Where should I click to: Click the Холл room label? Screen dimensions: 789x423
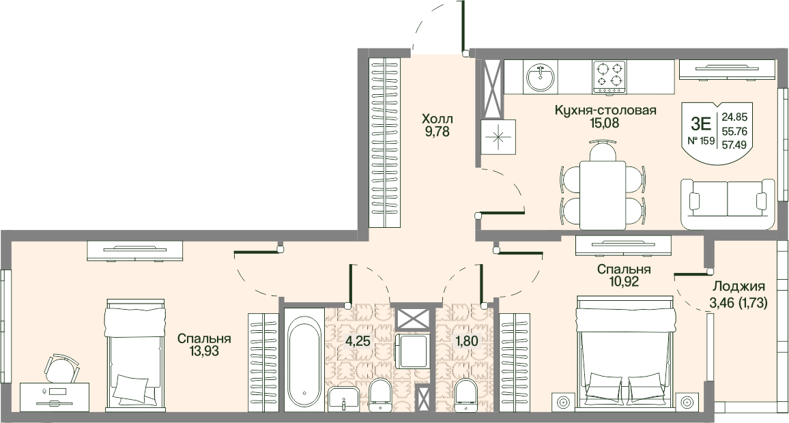pos(437,119)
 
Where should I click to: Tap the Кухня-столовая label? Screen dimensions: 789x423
pos(605,110)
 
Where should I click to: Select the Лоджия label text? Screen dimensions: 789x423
pos(738,287)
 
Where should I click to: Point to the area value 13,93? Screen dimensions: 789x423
pos(204,351)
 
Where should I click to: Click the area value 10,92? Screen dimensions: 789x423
pos(624,282)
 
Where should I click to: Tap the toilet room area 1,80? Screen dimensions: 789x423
pos(466,341)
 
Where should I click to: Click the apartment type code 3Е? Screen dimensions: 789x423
pos(700,123)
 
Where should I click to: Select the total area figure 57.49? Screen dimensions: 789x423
pos(734,145)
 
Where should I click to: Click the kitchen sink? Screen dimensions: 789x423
pos(541,77)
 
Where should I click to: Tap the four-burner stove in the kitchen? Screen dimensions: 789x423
pos(609,77)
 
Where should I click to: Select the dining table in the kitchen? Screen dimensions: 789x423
pos(603,195)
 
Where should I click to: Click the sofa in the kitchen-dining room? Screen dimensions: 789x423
pos(728,204)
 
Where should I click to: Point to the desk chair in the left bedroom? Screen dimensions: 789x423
pos(61,368)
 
